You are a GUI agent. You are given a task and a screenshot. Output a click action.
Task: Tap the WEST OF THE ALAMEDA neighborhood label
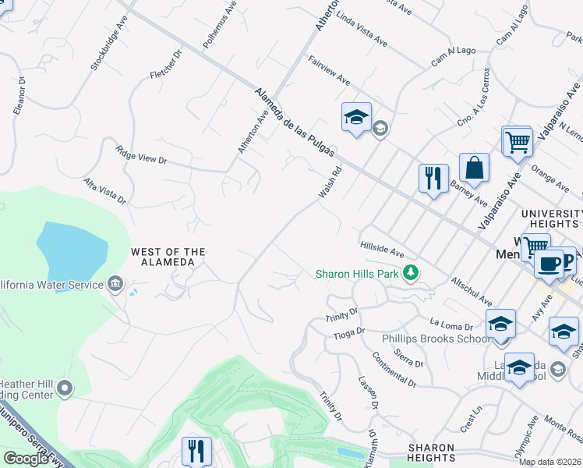(x=168, y=257)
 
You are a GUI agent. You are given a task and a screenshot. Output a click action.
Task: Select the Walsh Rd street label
(x=330, y=182)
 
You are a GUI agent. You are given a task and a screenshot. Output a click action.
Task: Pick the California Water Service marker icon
(x=115, y=282)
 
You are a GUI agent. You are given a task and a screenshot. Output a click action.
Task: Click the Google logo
(x=25, y=458)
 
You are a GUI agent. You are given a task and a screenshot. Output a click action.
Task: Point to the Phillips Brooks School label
(x=436, y=339)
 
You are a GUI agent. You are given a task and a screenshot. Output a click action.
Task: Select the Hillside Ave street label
(x=381, y=248)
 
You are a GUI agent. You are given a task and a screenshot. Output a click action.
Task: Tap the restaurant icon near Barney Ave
(x=433, y=179)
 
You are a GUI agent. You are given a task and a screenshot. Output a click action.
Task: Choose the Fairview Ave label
(x=329, y=70)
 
